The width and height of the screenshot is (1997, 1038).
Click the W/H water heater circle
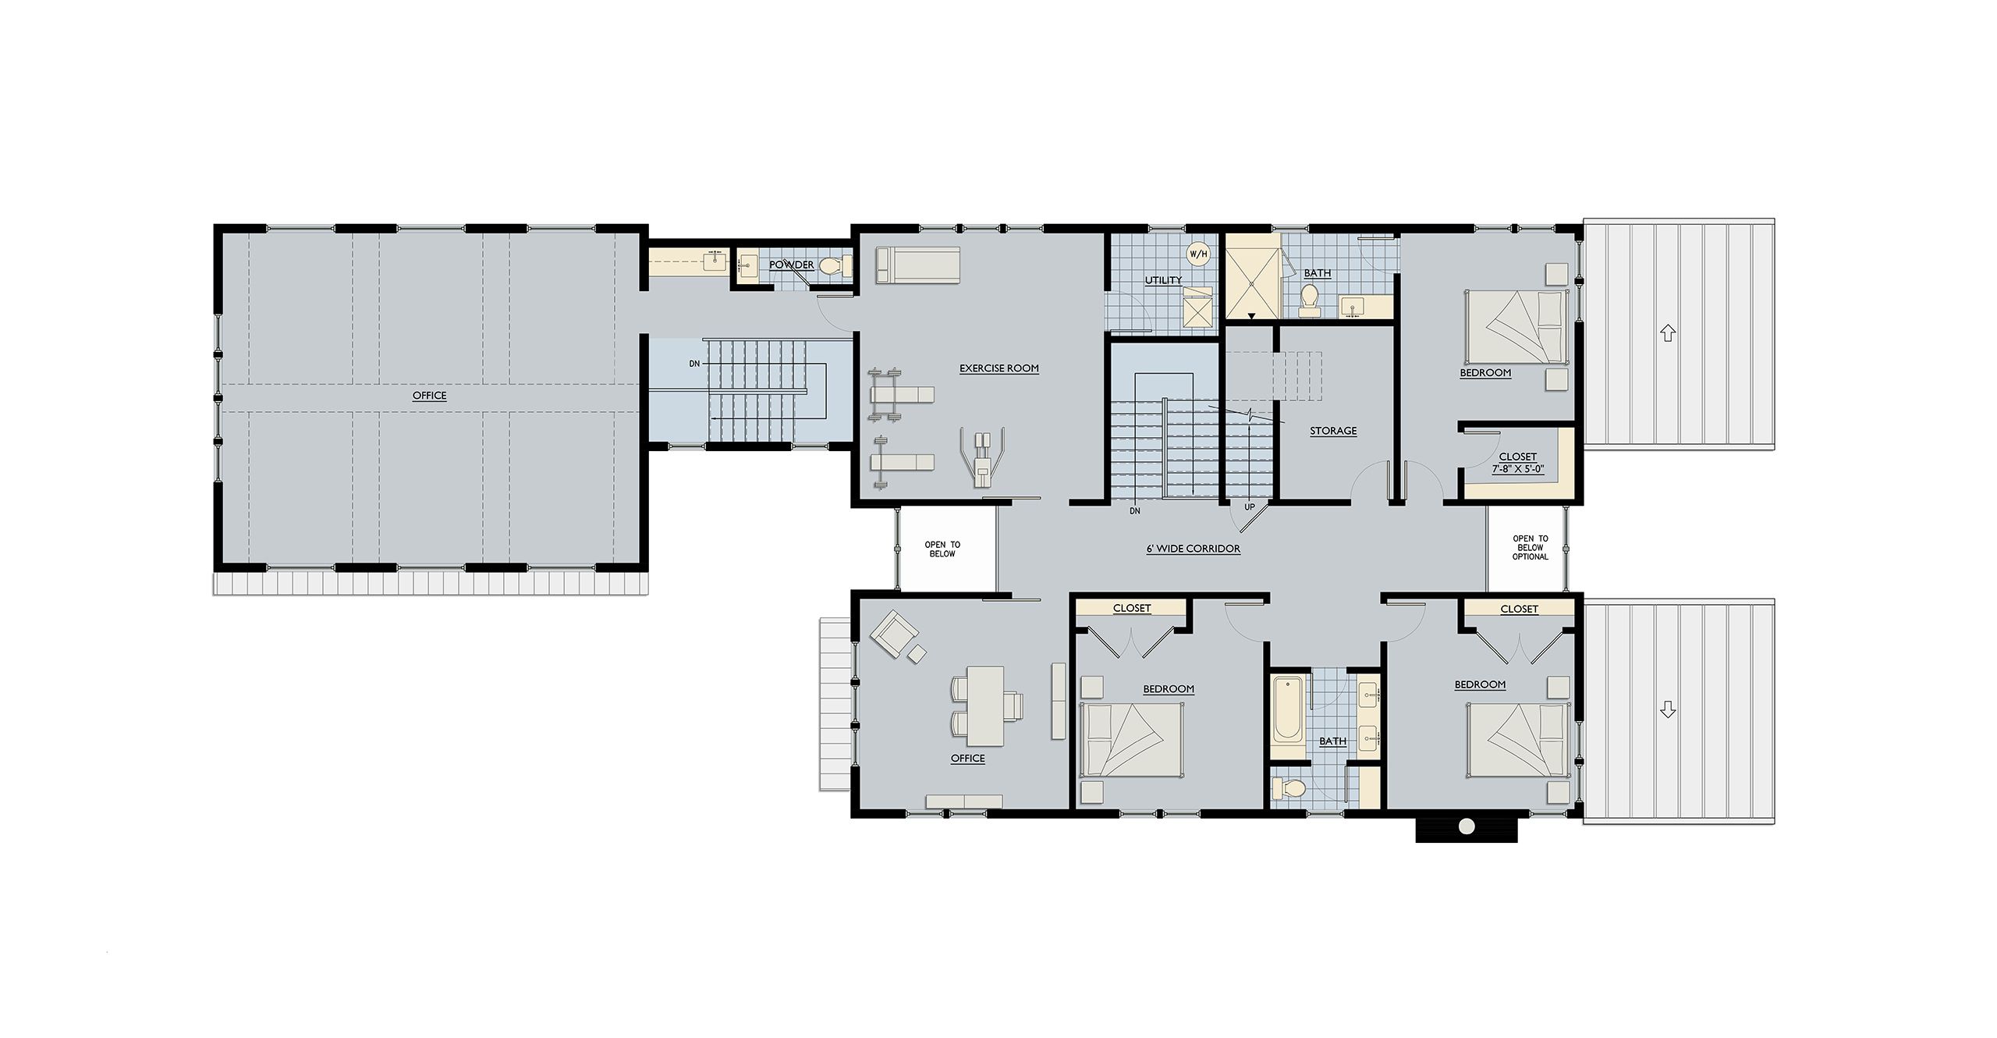click(x=1198, y=254)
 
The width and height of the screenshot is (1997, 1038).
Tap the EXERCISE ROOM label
click(x=998, y=368)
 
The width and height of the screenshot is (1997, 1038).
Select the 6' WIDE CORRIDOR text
click(x=1193, y=549)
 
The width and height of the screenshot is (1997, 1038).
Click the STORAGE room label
click(x=1333, y=431)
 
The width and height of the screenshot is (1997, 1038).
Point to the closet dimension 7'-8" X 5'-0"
click(x=1517, y=470)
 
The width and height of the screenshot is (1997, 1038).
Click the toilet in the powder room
click(x=832, y=267)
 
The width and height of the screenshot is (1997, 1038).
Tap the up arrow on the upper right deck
click(x=1668, y=333)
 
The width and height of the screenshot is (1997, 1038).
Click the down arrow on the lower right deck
click(x=1668, y=709)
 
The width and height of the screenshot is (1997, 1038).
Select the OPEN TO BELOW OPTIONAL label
click(x=1530, y=548)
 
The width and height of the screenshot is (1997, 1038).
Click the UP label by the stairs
click(x=1249, y=507)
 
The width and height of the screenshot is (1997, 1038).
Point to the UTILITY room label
click(x=1163, y=280)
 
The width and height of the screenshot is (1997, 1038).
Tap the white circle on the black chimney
click(x=1467, y=826)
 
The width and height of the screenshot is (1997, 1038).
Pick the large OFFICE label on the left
click(x=429, y=396)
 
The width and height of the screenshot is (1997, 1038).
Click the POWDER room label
click(x=792, y=265)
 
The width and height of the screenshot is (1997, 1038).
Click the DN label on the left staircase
click(x=694, y=364)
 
